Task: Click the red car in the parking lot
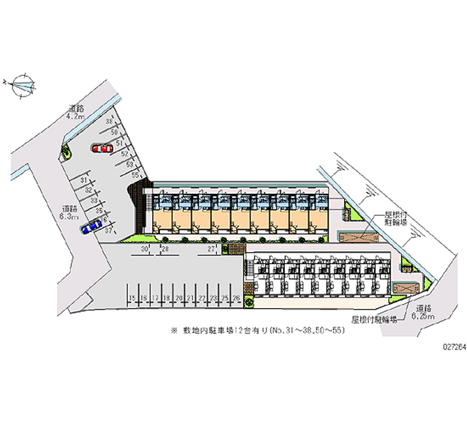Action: (102, 149)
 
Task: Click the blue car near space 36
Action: (92, 226)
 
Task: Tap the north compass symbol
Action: (22, 85)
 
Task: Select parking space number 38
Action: (109, 122)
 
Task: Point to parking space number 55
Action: (134, 174)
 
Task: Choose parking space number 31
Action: (85, 181)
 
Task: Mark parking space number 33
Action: (94, 200)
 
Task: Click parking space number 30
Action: (144, 249)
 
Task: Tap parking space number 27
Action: (210, 249)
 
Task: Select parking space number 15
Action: (133, 298)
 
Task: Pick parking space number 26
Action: (236, 298)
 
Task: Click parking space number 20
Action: (178, 298)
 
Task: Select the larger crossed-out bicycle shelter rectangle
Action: (358, 237)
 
